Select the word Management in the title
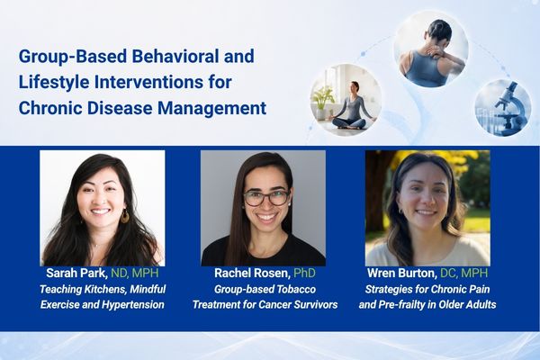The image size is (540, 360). click(x=212, y=108)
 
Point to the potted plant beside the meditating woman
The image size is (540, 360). click(x=322, y=101)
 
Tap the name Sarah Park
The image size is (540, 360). click(x=76, y=274)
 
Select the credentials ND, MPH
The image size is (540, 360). click(x=135, y=274)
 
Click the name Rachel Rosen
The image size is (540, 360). click(x=252, y=274)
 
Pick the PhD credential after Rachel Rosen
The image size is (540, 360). click(x=304, y=274)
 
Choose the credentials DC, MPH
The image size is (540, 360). click(x=463, y=274)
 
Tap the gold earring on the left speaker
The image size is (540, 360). click(x=125, y=216)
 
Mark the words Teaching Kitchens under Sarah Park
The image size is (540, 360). click(x=78, y=289)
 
